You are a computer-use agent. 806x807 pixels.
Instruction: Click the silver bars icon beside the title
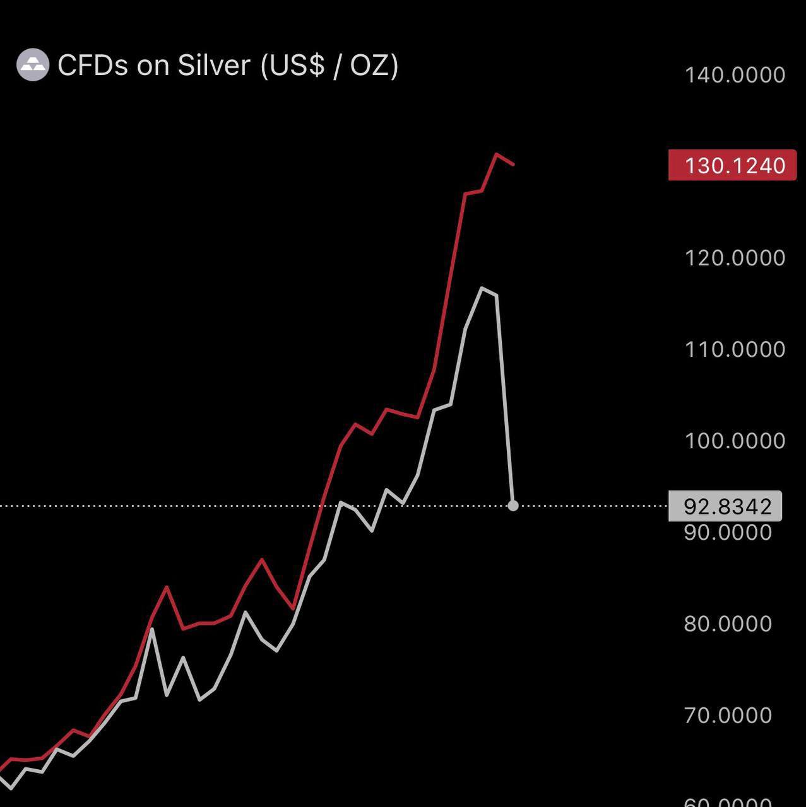click(32, 65)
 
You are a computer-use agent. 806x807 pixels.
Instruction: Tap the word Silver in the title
click(213, 65)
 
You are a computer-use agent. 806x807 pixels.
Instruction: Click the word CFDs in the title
click(93, 65)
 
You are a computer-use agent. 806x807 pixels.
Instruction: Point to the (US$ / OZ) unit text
click(329, 66)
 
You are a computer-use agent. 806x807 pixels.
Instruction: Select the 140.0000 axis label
click(735, 75)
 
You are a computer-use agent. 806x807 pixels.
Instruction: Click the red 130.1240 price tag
click(732, 166)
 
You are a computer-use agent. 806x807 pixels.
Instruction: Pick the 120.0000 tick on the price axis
click(735, 258)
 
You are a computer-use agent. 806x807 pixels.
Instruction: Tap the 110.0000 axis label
click(735, 349)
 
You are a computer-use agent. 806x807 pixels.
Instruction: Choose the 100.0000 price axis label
click(735, 441)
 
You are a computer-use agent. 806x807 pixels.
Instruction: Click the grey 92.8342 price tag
click(725, 506)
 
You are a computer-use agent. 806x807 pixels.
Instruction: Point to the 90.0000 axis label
click(728, 533)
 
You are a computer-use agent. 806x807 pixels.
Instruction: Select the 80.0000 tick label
click(728, 624)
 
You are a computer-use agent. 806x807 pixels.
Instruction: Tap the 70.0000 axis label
click(728, 716)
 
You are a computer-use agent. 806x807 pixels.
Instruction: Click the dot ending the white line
click(513, 506)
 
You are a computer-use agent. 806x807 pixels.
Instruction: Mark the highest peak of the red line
click(497, 154)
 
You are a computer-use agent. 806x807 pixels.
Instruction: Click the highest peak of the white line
click(482, 288)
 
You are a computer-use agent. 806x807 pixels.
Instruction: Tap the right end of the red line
click(514, 165)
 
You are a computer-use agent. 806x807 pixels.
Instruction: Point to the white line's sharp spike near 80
click(151, 629)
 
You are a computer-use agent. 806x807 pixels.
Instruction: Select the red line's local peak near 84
click(167, 587)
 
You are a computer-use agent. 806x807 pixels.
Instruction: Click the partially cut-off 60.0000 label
click(728, 802)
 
